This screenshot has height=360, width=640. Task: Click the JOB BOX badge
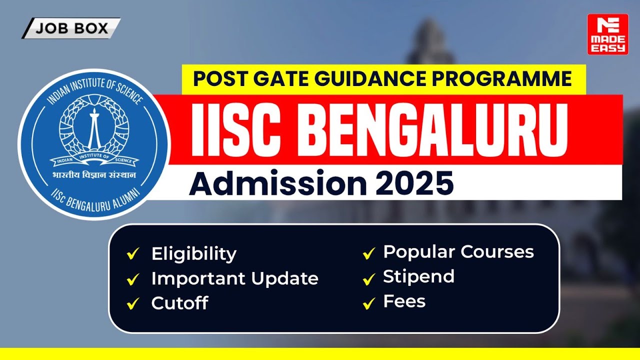pos(71,28)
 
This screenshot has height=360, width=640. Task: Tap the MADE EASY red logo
pos(607,34)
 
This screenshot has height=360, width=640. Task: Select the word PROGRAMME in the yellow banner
pos(501,78)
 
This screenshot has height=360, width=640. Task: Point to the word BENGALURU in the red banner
pos(432,130)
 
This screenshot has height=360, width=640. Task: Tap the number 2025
pos(414,183)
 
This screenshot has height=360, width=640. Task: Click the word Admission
pos(277,182)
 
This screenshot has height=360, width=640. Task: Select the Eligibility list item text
pos(194,254)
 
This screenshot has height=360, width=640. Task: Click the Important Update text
pos(235,278)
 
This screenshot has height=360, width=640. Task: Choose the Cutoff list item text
pos(179,303)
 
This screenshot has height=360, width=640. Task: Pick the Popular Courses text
pos(458,252)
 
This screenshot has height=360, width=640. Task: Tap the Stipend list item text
pos(418,276)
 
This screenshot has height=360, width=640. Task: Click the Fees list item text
pos(404,301)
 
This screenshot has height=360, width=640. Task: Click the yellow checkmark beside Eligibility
pos(133,253)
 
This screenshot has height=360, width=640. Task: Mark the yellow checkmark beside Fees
pos(369,303)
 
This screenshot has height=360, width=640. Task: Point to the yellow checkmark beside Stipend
pos(369,279)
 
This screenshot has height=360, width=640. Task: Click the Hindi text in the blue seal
pos(94,175)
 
